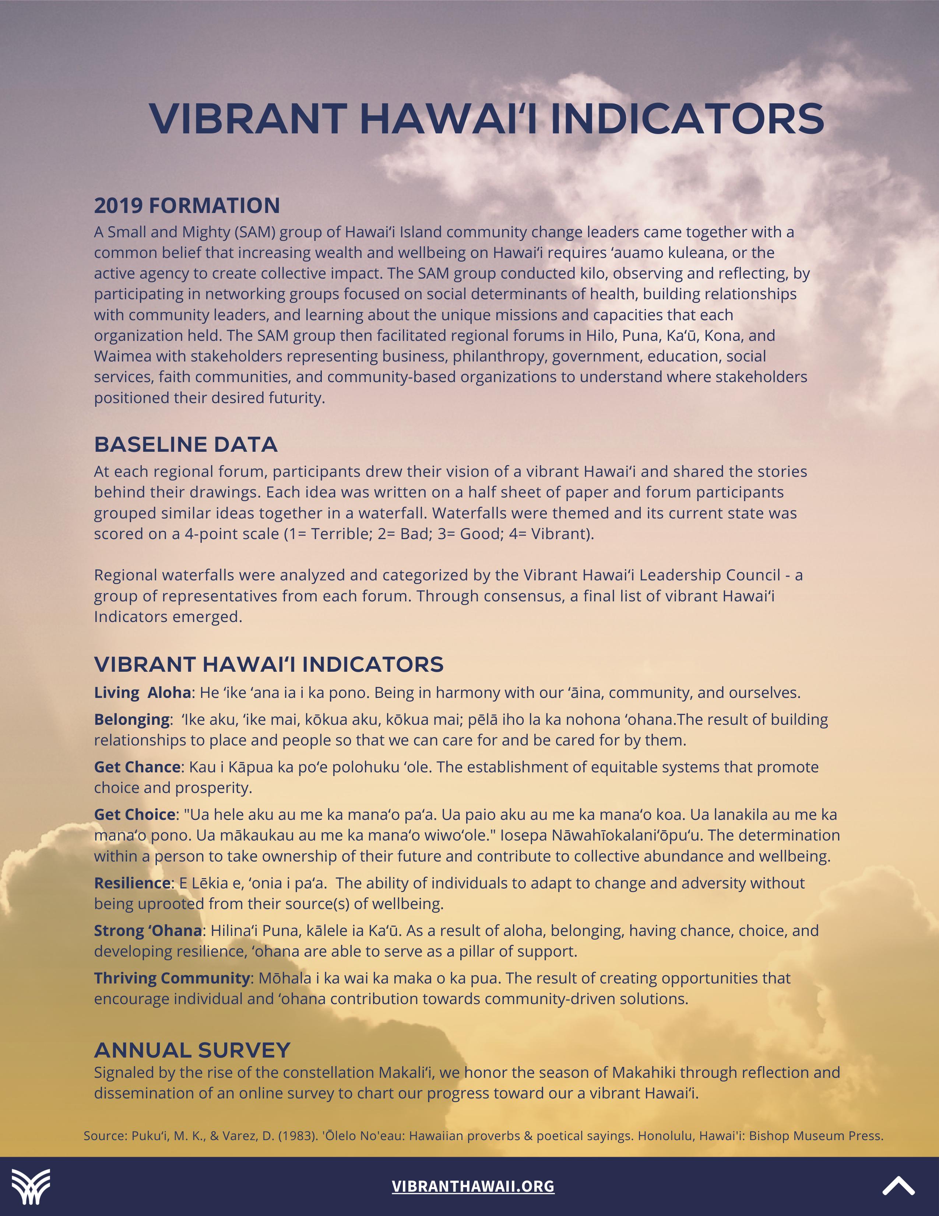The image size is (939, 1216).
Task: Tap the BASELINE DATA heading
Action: (x=185, y=444)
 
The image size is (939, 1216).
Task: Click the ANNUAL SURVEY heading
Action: (x=192, y=1050)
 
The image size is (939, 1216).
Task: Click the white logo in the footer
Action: (x=31, y=1187)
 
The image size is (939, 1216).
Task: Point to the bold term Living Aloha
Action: (x=143, y=693)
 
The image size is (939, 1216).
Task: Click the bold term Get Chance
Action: (x=137, y=767)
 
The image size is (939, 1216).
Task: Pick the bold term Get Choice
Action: (x=135, y=815)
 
